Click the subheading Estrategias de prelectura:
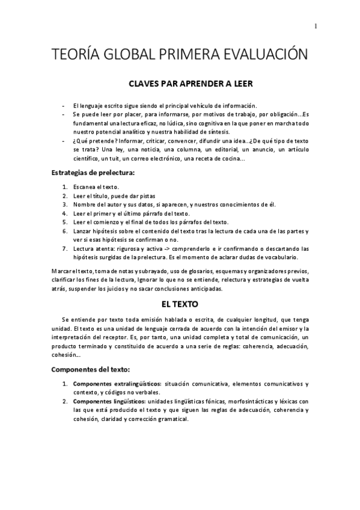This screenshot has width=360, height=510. click(93, 173)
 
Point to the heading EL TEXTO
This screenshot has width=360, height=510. click(181, 305)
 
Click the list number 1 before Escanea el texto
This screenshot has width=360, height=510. click(65, 188)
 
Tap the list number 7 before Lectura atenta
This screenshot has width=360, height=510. click(65, 248)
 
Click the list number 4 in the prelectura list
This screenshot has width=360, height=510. click(65, 213)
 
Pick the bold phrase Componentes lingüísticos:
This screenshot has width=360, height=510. click(109, 401)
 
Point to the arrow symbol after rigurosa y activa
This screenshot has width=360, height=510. click(153, 248)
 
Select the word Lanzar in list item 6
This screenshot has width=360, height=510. click(82, 230)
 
